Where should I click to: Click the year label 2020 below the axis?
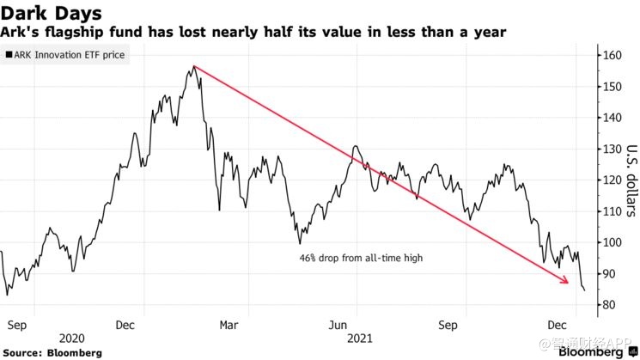click(x=72, y=340)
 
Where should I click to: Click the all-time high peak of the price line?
click(x=196, y=66)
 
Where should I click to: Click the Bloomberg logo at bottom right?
click(x=594, y=351)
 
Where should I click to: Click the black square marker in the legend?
click(x=8, y=55)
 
